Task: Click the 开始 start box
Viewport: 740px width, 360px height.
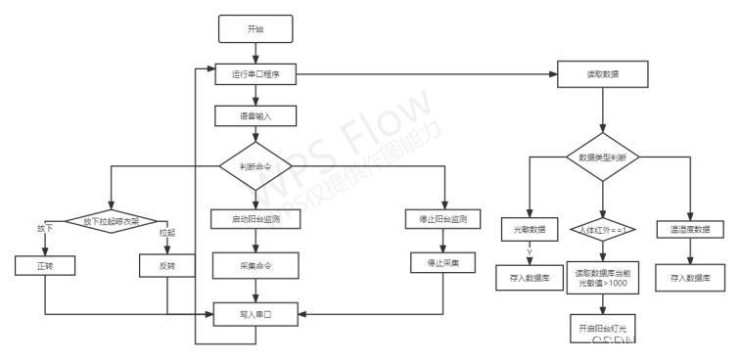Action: pos(255,29)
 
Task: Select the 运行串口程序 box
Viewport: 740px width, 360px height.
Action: pos(255,74)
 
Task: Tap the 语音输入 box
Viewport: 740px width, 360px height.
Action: pos(255,115)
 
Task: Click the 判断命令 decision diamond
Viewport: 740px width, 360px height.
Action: pos(255,166)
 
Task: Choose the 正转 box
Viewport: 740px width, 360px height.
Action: pos(45,265)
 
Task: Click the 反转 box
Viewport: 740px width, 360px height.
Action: pos(167,265)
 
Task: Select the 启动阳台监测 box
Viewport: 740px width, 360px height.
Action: pos(255,219)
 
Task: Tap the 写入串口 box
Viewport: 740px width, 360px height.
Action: pos(255,314)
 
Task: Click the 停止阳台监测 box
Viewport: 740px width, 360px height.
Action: pos(443,219)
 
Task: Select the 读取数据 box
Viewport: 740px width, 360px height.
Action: pos(602,74)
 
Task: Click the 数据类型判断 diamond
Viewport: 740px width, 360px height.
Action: pos(602,157)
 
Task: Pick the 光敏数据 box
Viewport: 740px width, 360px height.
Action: pos(529,230)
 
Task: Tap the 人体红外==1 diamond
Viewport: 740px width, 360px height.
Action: pos(602,230)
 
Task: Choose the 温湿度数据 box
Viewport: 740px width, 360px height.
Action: pos(690,230)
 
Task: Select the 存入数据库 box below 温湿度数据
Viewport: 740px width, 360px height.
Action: pos(690,278)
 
